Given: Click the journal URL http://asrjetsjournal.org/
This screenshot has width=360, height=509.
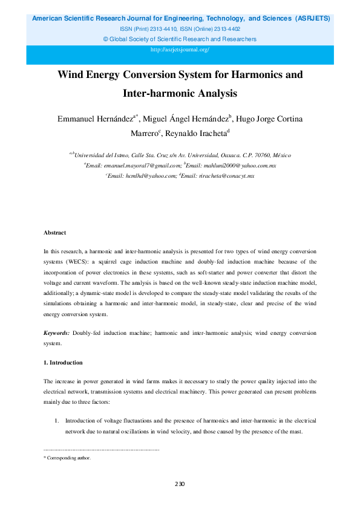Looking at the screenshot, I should point(180,50).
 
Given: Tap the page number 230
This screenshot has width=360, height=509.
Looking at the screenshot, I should point(180,484).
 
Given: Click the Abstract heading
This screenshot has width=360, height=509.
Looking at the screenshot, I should point(54,233).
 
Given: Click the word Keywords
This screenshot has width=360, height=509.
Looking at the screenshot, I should point(56,334).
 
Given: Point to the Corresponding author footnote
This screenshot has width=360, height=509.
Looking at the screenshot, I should point(68,458).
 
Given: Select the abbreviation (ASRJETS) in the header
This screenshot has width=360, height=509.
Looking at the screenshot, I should point(312,18).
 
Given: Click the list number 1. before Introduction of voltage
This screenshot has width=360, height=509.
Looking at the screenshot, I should point(57,420).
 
